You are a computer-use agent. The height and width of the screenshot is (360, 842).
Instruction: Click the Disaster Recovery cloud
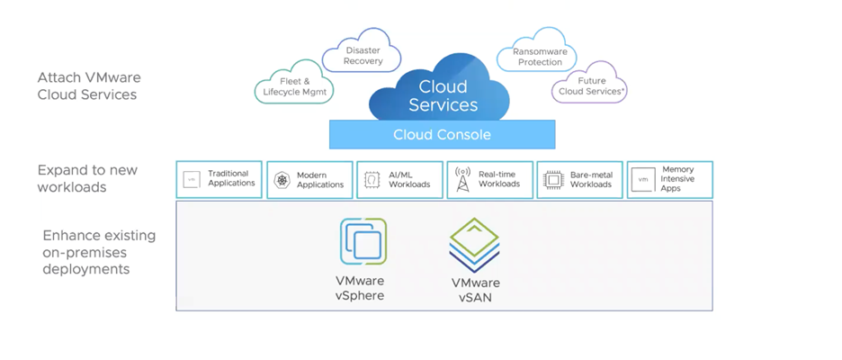363,55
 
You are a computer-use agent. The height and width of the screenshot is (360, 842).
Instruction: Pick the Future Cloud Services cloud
590,86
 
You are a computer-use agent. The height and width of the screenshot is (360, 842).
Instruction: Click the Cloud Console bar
442,135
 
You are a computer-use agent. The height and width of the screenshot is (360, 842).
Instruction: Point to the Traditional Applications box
219,179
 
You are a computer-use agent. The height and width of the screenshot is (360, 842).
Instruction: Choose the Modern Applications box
309,179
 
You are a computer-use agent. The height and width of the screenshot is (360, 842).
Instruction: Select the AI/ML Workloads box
399,179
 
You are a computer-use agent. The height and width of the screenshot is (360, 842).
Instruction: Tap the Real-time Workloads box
489,179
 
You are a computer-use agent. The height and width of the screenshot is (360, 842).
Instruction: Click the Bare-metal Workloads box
580,179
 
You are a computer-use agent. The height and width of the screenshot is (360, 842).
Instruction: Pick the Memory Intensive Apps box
669,179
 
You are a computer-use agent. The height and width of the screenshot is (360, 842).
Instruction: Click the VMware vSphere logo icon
363,241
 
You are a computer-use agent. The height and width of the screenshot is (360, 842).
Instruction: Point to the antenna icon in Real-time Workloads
462,179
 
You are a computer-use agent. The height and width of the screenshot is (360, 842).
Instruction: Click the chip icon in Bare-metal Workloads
553,180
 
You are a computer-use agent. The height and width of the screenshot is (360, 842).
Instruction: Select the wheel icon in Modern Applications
282,180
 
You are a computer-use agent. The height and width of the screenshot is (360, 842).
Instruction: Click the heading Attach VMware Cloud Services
88,85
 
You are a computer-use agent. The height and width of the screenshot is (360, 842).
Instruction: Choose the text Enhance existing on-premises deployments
99,252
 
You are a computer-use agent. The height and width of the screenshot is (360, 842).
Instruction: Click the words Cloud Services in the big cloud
443,95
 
